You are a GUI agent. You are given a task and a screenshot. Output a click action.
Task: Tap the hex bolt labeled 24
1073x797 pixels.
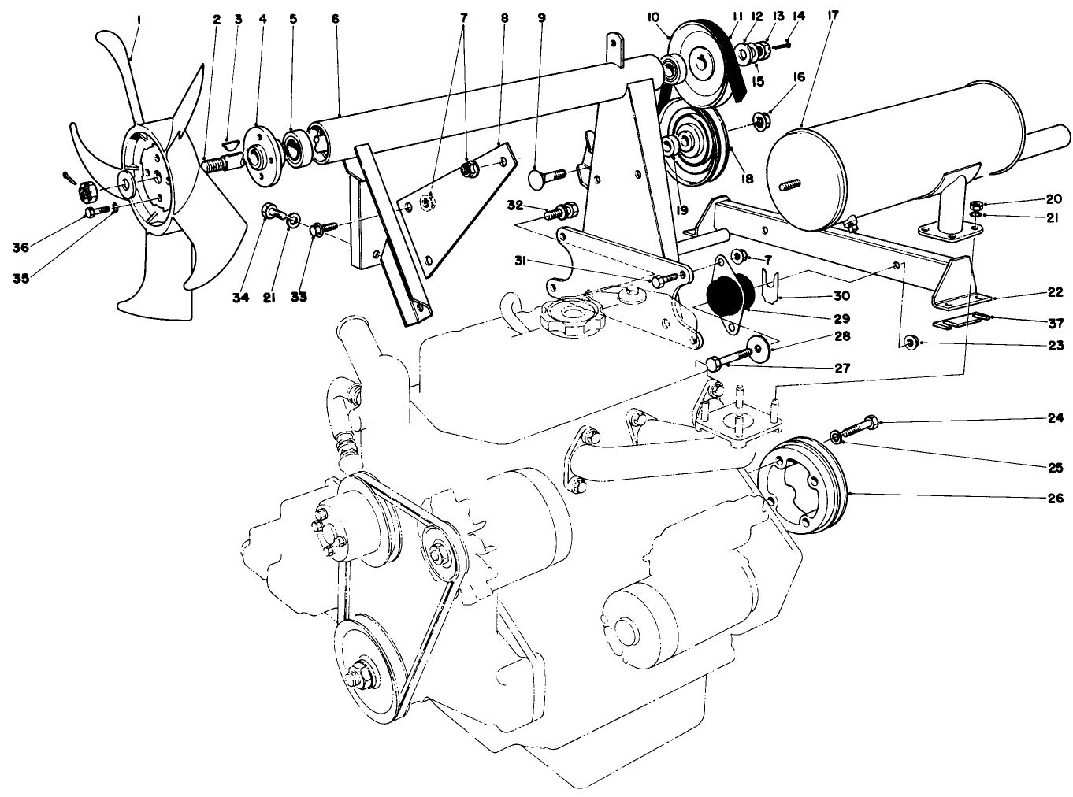coord(859,427)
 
